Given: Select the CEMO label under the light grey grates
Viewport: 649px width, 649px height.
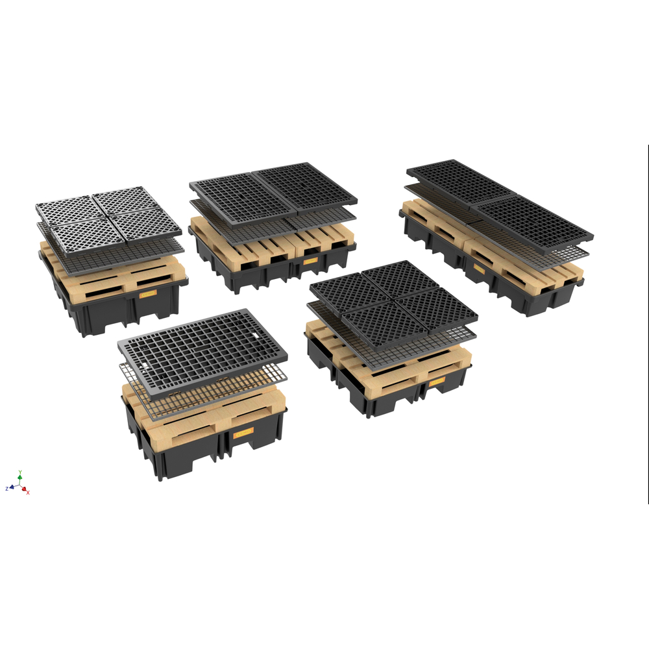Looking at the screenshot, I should click(148, 293).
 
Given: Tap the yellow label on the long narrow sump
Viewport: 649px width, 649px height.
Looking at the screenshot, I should click(479, 267).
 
